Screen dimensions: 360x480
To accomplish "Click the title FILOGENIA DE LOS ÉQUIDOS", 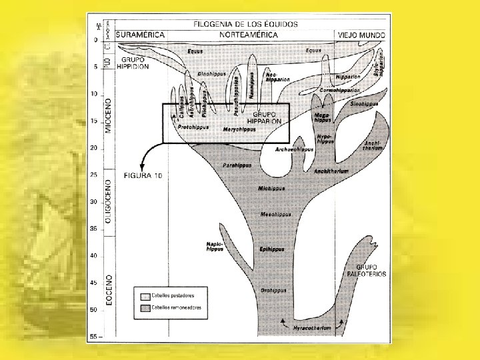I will pyautogui.click(x=245, y=24).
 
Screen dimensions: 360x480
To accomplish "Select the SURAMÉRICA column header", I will pyautogui.click(x=141, y=35).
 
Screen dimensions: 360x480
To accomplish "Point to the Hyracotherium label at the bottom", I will pyautogui.click(x=311, y=329).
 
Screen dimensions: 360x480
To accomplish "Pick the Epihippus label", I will pyautogui.click(x=272, y=249).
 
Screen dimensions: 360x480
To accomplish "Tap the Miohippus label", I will pyautogui.click(x=271, y=189).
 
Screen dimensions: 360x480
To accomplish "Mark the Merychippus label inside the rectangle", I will pyautogui.click(x=239, y=129).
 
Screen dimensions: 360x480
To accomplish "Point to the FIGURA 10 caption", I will pyautogui.click(x=143, y=175).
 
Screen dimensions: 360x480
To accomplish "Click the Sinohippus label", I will pyautogui.click(x=365, y=104).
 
